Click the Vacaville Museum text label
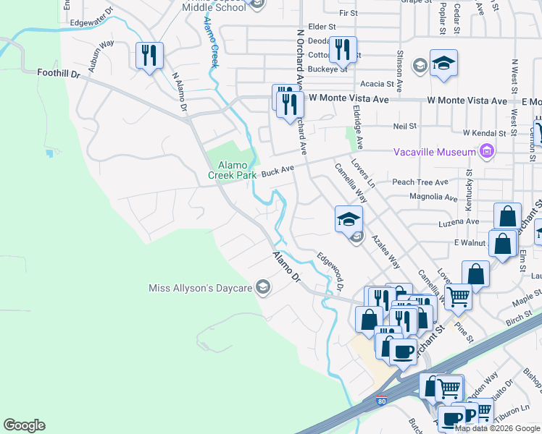point(434,152)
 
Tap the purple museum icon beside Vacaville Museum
point(486,151)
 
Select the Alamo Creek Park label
point(232,170)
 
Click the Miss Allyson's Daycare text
point(200,289)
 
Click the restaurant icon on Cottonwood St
point(343,49)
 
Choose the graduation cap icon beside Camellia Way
point(349,218)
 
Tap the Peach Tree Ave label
point(420,182)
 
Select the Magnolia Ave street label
point(433,197)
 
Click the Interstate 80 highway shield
point(382,400)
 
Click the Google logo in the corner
point(24,425)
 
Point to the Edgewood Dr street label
point(330,272)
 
